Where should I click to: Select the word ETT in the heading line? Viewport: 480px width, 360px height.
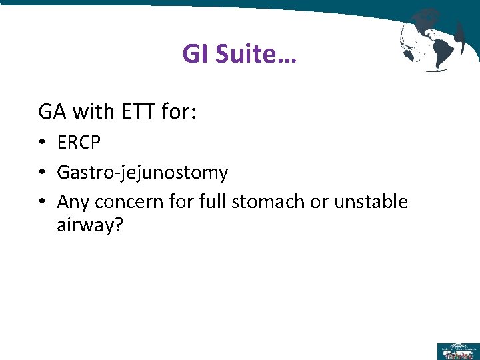pos(138,111)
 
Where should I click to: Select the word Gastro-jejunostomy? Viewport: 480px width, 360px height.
pos(143,173)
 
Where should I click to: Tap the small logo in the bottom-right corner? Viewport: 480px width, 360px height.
pos(457,351)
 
